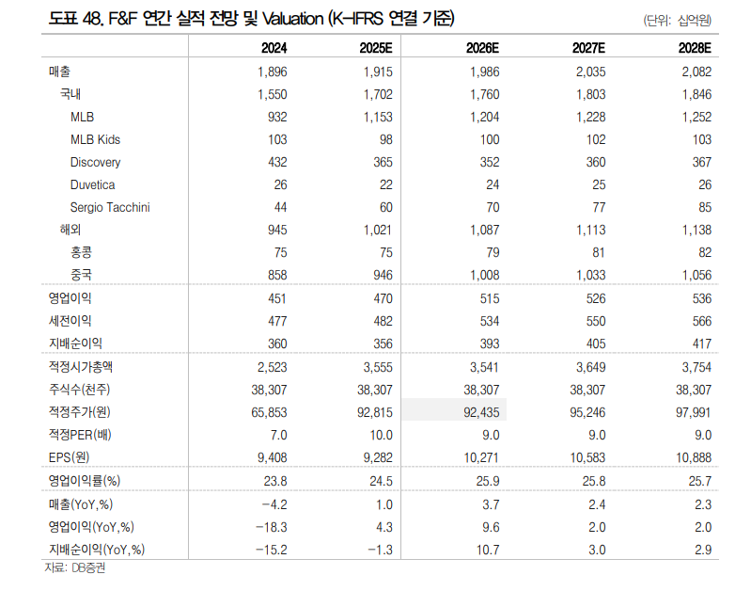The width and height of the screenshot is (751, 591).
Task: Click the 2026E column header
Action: (x=483, y=48)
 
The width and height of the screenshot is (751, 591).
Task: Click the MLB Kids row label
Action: (x=95, y=139)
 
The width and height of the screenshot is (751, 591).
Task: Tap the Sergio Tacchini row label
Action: (x=110, y=207)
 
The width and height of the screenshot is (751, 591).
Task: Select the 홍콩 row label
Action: (x=81, y=252)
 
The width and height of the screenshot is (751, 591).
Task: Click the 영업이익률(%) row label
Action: (x=90, y=481)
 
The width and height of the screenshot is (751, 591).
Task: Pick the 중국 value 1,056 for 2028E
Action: (x=693, y=275)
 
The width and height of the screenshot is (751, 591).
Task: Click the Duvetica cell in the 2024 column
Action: (x=277, y=184)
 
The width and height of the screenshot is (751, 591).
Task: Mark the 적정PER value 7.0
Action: (x=277, y=435)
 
